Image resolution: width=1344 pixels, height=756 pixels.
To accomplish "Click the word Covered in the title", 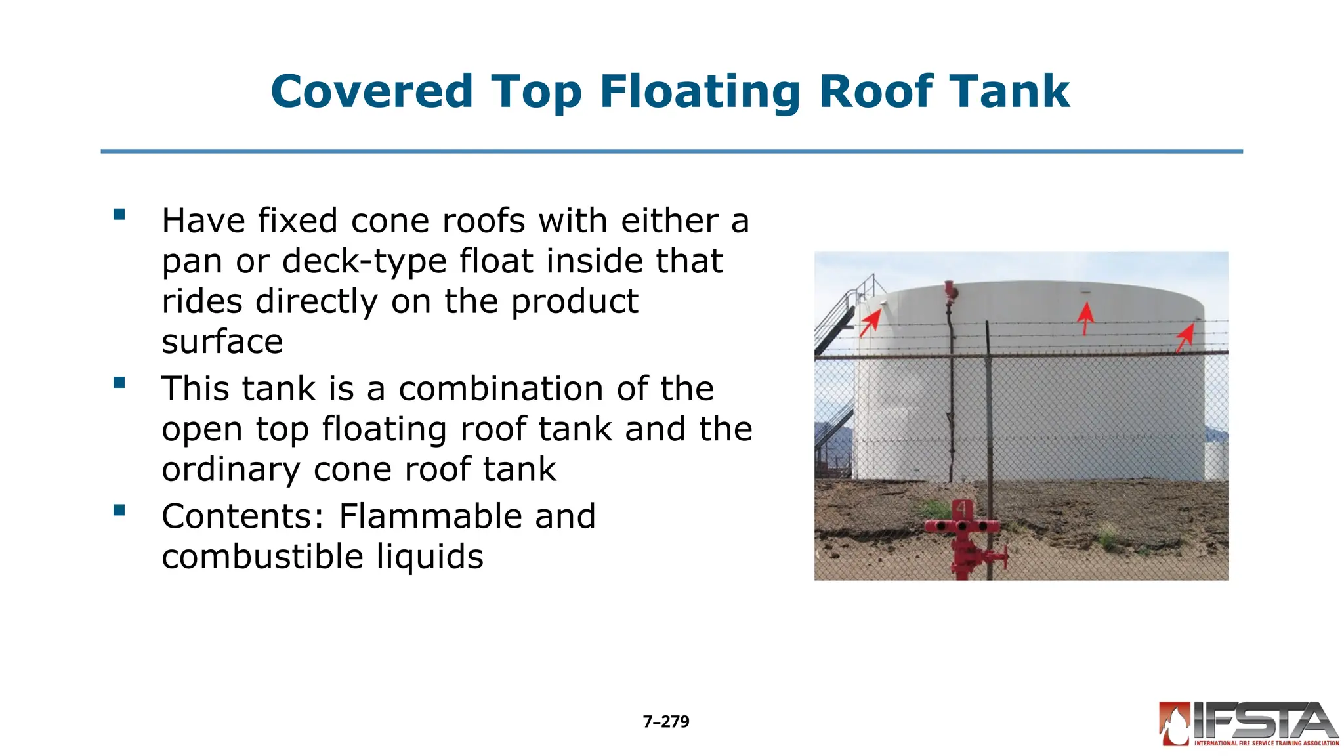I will click(371, 91).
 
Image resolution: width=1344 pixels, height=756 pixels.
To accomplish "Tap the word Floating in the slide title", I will click(700, 93).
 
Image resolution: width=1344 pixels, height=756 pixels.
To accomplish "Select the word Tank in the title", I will click(1010, 91).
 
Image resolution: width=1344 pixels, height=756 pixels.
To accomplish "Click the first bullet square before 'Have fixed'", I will click(119, 214).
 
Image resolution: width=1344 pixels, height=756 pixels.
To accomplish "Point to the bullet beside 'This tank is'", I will click(119, 382).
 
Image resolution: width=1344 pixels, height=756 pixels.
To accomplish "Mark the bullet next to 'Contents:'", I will click(119, 510).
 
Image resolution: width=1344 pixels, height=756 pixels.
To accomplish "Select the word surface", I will click(222, 341).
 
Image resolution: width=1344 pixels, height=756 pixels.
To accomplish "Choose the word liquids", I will click(429, 556).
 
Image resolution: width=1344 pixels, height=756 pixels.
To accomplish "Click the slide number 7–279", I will click(665, 722).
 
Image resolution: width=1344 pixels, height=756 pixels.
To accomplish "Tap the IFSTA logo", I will click(1248, 724).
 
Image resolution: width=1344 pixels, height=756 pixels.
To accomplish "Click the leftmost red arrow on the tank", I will click(870, 322).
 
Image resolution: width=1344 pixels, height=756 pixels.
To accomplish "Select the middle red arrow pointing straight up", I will click(1085, 318).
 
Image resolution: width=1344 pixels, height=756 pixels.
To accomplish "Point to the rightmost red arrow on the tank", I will click(1185, 337).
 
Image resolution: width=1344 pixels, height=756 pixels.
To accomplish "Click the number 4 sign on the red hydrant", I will click(962, 509).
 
